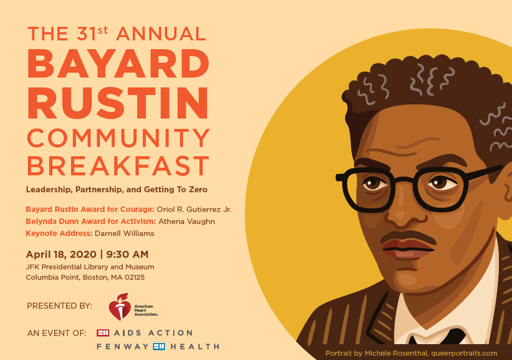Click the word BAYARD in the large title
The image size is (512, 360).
pos(118,64)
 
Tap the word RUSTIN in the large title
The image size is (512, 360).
pos(118,103)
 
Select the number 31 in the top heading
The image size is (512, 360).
pos(87,34)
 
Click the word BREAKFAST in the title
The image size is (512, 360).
pos(118,166)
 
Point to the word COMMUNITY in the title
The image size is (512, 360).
pos(119,138)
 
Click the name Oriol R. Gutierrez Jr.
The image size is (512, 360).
pos(194,210)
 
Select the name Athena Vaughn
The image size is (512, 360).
pos(187,222)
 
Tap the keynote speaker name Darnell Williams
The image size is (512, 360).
pos(125,233)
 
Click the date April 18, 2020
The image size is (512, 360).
pos(61,255)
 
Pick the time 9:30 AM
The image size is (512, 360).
pos(127,254)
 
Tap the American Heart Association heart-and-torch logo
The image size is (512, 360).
pos(120,306)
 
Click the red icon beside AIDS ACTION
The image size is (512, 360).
pos(103,333)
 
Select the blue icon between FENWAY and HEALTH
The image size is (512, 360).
pos(159,346)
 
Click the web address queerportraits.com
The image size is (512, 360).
pos(464,353)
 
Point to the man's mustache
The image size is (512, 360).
pos(408,237)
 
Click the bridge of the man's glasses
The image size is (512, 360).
pos(404,180)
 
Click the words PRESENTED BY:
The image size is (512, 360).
pos(60,306)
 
